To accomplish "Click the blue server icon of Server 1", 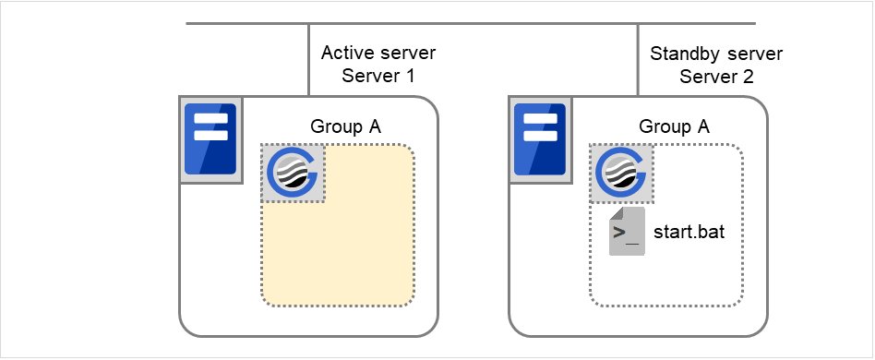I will pos(210,138).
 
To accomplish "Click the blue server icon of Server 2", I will pos(540,138).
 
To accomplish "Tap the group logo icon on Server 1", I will pos(293,173).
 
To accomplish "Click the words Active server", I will pos(378,54).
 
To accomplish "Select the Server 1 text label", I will pos(378,77).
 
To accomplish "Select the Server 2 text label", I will pos(716,77).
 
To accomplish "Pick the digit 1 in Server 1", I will pos(408,77).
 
